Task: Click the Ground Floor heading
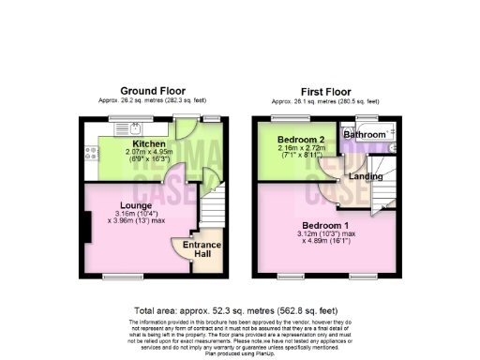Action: click(152, 92)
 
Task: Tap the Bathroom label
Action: click(365, 135)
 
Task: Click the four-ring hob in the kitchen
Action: click(91, 150)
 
